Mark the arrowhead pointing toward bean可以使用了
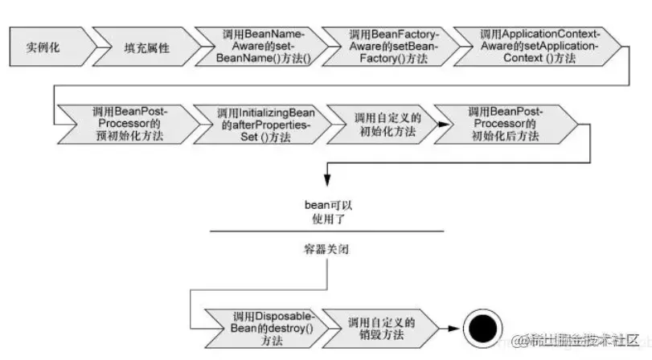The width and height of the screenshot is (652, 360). (327, 186)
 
